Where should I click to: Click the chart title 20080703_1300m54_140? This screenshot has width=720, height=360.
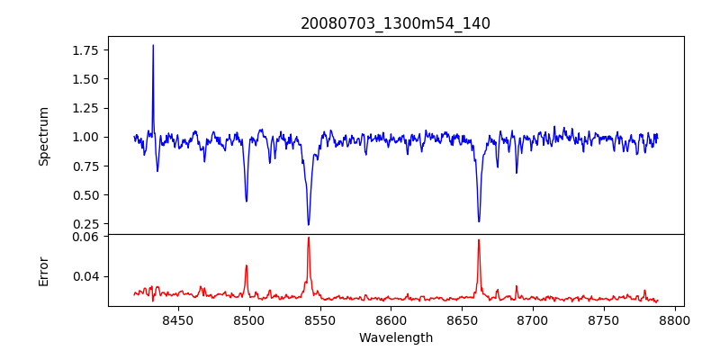coord(395,23)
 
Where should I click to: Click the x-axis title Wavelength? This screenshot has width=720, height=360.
coord(395,337)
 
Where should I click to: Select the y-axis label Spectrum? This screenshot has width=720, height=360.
coord(43,136)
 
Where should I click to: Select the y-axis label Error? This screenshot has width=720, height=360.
coord(43,270)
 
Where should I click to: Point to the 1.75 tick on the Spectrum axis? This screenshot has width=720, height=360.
coord(86,50)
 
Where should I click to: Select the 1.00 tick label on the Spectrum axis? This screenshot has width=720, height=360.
coord(86,137)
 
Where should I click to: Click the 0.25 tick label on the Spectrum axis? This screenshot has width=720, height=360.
coord(86,224)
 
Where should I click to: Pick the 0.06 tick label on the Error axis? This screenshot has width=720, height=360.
coord(86,238)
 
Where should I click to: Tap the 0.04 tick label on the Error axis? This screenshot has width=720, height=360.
coord(86,276)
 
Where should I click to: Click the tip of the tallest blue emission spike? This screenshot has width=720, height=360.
coord(153,45)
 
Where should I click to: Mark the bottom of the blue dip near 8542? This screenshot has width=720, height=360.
coord(308,225)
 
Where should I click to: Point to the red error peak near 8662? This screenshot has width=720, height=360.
coord(479,239)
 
